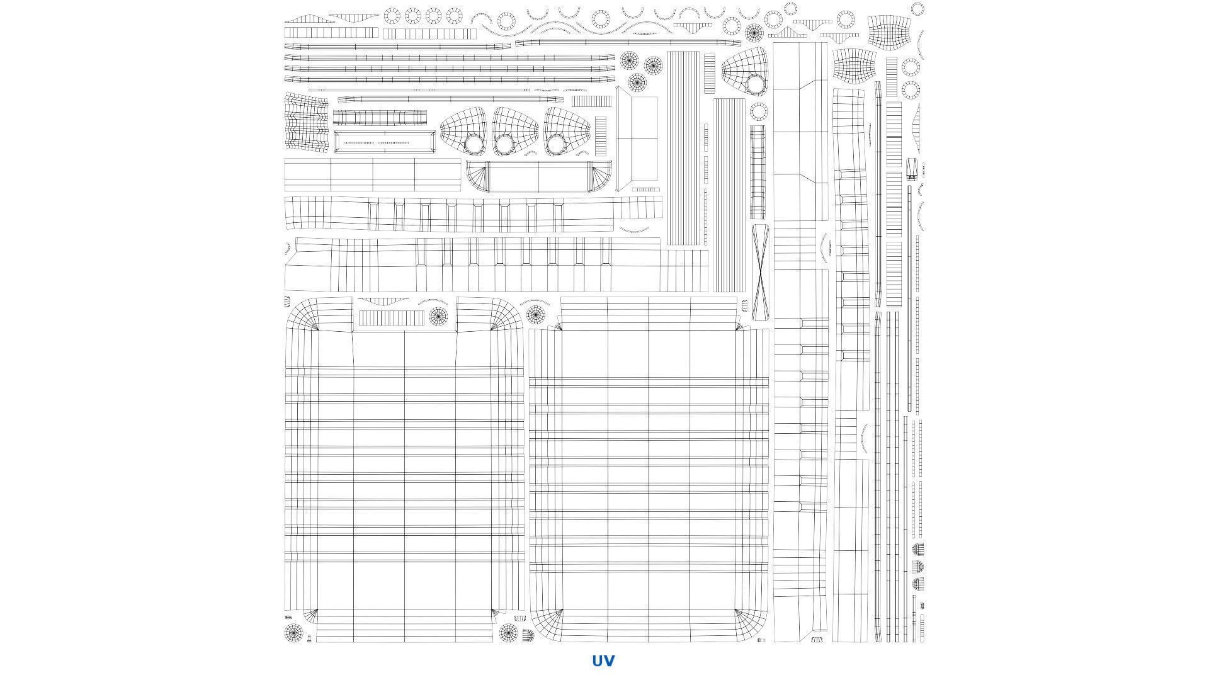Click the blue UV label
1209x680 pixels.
pyautogui.click(x=603, y=660)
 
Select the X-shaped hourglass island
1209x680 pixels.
pyautogui.click(x=761, y=271)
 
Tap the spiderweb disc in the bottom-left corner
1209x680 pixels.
pyautogui.click(x=293, y=632)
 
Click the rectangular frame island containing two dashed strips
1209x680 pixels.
pyautogui.click(x=384, y=142)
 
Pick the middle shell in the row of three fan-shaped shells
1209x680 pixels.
pyautogui.click(x=515, y=131)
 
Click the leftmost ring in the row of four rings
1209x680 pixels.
pyautogui.click(x=392, y=16)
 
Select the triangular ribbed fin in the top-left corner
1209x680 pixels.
pyautogui.click(x=301, y=19)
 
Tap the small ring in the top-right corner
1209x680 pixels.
pyautogui.click(x=917, y=8)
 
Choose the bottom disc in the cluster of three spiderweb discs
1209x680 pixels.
pyautogui.click(x=637, y=82)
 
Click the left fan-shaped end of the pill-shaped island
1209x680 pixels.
pyautogui.click(x=477, y=176)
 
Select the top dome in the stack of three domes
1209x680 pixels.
pyautogui.click(x=919, y=549)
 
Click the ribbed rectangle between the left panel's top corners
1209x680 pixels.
pyautogui.click(x=392, y=318)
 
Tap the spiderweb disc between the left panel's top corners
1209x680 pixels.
pyautogui.click(x=438, y=316)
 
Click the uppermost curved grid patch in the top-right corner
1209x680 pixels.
pyautogui.click(x=890, y=31)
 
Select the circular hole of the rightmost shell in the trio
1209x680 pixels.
pyautogui.click(x=556, y=145)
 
